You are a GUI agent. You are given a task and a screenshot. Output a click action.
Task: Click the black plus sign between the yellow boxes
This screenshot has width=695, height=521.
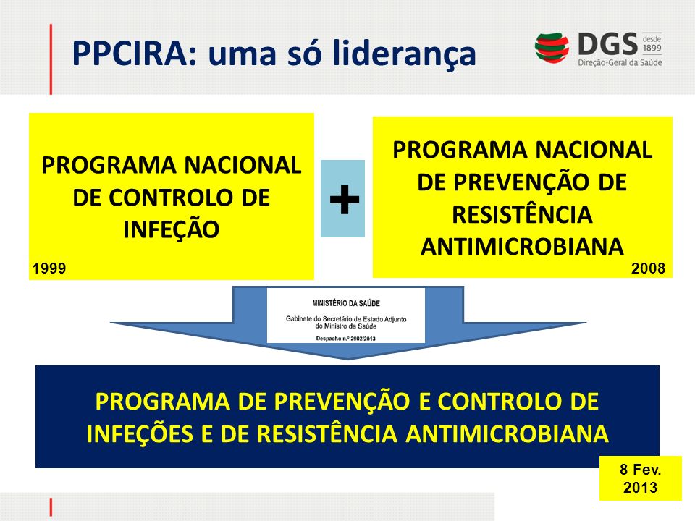pos(345,199)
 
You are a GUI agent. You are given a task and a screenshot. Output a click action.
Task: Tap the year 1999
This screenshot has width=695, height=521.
pos(49,268)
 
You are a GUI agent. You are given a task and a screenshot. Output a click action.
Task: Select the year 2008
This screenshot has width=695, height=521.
pos(648,268)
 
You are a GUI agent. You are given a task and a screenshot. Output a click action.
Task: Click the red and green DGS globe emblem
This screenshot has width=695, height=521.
pos(552,48)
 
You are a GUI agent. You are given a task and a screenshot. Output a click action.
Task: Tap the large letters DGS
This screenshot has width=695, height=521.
pos(607,44)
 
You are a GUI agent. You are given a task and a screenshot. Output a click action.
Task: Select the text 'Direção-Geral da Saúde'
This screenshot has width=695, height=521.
pos(620,62)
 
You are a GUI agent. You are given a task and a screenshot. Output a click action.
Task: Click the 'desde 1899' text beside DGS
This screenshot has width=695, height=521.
pos(652,43)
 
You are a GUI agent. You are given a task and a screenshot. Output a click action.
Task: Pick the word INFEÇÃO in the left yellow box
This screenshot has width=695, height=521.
pos(172,229)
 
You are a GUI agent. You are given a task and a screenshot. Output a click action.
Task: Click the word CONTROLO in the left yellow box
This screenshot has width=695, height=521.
pos(171,198)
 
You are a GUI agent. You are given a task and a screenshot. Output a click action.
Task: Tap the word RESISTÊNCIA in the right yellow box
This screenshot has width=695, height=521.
pos(522,214)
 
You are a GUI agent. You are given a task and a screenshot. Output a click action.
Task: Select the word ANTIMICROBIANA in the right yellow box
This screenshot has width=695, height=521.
pos(522,247)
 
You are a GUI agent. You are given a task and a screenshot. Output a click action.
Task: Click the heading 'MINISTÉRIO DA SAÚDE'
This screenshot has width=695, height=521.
pos(346,303)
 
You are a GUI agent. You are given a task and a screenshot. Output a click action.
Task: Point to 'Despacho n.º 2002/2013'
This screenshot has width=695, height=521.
pos(346,339)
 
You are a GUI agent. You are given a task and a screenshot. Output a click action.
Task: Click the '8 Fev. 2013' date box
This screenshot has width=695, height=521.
pos(641,478)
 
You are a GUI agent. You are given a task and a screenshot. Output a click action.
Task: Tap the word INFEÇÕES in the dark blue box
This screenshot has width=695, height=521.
pos(140,433)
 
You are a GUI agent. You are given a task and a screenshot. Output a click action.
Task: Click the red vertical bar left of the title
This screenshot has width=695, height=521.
pos(51,59)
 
